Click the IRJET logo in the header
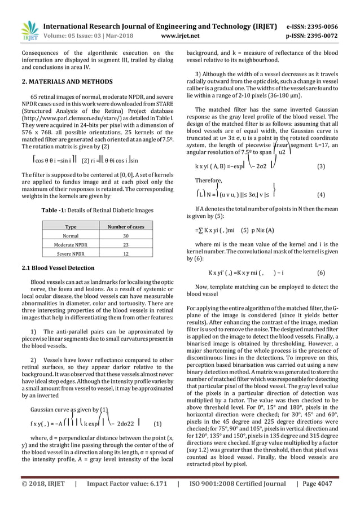point(28,31)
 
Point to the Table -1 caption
point(96,210)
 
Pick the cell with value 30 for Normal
point(126,236)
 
